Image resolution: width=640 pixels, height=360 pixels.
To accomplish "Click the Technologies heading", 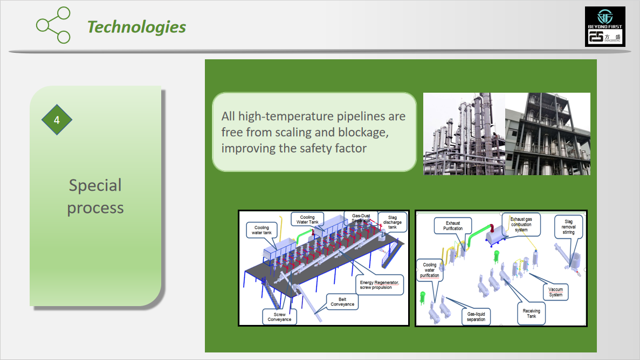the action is point(137,27).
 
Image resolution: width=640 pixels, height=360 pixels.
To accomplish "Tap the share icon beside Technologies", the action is point(53,25).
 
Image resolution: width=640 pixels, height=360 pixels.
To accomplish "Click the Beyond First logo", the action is point(605,26).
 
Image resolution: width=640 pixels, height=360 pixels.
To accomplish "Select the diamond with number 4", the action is point(57,120).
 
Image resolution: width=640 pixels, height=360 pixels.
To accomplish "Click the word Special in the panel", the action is point(95,185).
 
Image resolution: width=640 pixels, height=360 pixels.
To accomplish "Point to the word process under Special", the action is point(95,209).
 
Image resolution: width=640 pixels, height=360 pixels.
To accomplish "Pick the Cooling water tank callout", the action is point(261,230).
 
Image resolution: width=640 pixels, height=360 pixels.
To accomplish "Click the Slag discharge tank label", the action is point(392,223).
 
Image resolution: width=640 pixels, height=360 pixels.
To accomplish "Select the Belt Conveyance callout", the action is point(342,302).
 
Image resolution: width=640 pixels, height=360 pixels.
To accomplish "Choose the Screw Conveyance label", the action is point(280,317).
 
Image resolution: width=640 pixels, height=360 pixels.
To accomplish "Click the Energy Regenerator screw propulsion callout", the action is point(379,285).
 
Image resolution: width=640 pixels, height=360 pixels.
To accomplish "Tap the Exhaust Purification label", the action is point(453,226).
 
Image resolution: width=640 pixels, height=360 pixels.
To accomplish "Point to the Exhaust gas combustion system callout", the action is point(521,225).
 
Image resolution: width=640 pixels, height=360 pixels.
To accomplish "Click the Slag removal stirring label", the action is point(569,227).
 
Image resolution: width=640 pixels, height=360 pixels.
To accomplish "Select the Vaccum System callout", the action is point(555,292).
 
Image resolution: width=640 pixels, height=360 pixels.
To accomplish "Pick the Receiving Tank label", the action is point(532,314).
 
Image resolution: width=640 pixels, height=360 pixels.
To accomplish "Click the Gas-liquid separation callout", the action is point(476,317).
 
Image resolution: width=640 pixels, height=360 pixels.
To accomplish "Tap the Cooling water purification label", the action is point(429,270).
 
